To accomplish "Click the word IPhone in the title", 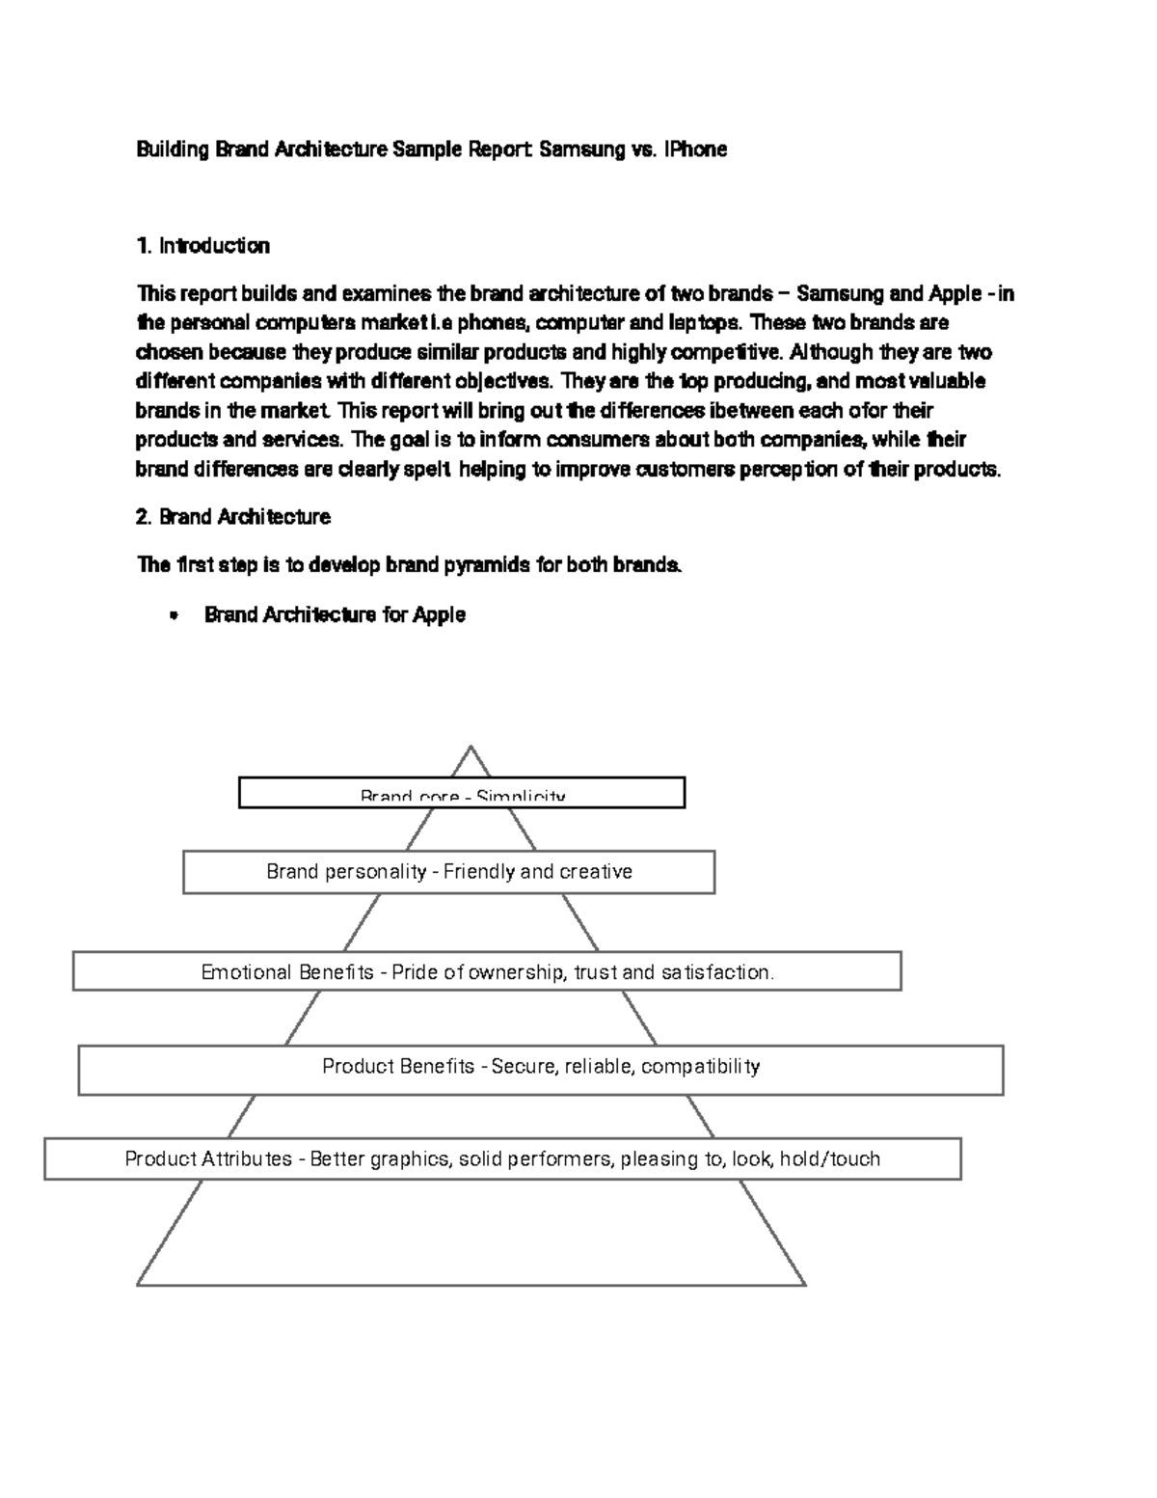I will (694, 150).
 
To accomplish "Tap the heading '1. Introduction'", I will (203, 246).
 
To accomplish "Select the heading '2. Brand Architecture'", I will (233, 517).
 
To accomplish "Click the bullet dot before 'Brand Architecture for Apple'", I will (174, 615).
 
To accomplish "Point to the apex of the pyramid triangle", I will (471, 747).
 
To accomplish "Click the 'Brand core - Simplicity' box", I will (462, 793).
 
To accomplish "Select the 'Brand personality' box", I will (448, 872).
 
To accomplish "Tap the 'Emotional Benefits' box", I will (487, 971).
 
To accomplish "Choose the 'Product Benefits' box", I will (541, 1070).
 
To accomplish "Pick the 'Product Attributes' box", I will (502, 1158).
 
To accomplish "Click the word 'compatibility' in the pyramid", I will (700, 1067).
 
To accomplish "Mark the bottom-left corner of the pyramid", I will (138, 1285).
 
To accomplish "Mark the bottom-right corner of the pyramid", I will (804, 1285).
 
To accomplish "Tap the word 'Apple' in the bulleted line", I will (439, 615).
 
